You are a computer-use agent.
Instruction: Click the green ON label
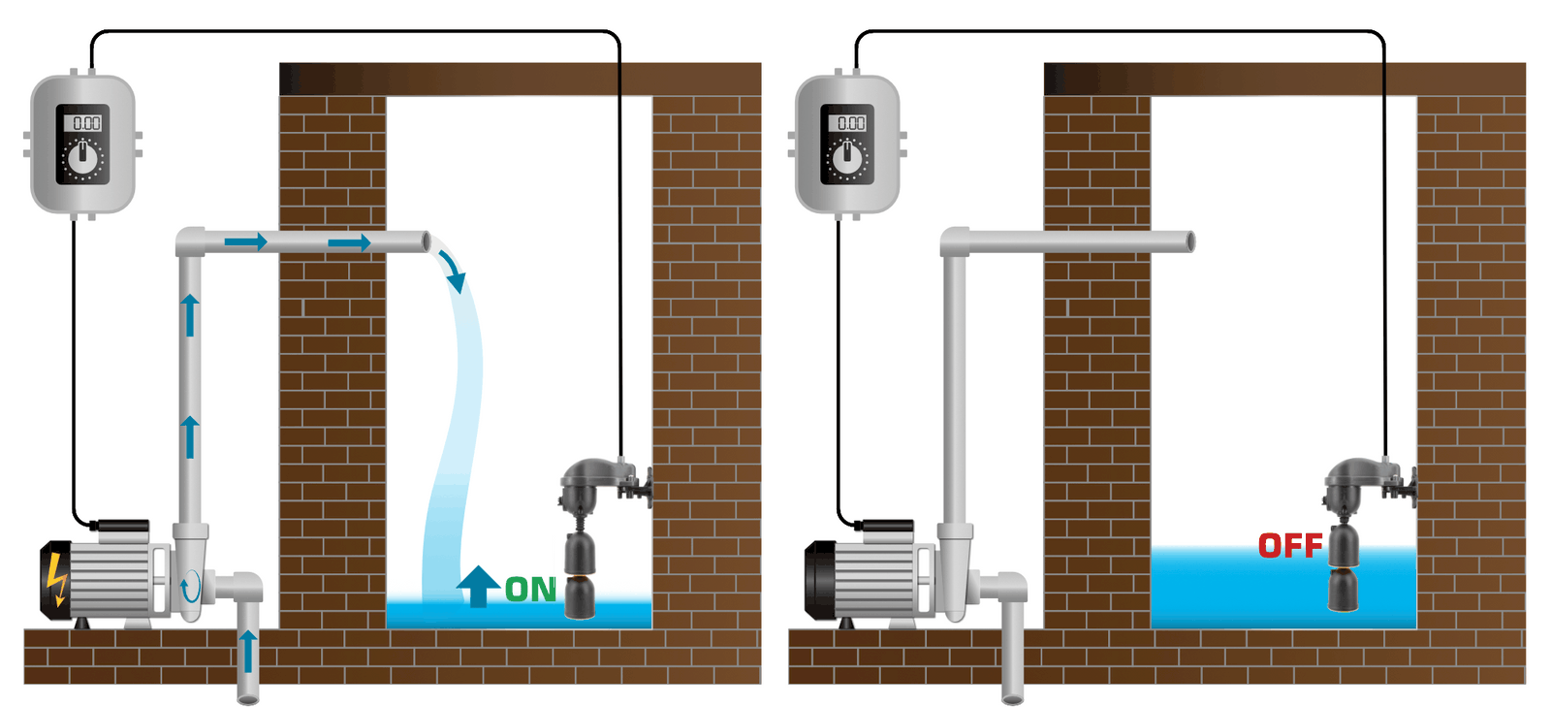[x=530, y=589]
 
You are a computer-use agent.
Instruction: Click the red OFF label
[x=1290, y=546]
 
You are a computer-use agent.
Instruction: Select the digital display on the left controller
[x=84, y=123]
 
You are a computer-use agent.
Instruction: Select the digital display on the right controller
[x=849, y=123]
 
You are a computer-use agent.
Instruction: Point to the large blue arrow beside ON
[x=478, y=586]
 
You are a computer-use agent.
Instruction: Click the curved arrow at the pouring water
[x=452, y=271]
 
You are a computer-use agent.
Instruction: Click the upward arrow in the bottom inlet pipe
[x=248, y=651]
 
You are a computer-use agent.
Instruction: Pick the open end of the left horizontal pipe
[x=426, y=241]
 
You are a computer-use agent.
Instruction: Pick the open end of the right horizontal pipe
[x=1190, y=241]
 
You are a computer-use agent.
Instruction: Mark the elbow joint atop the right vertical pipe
[x=955, y=241]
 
